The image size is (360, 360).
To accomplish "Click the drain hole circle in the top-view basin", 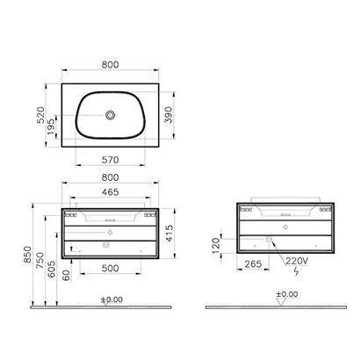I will pyautogui.click(x=111, y=114).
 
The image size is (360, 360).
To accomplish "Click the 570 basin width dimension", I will pyautogui.click(x=111, y=162).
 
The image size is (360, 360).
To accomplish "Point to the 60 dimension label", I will pyautogui.click(x=65, y=277).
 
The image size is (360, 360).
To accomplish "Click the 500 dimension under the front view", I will pyautogui.click(x=111, y=268).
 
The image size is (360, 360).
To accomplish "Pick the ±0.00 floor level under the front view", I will pyautogui.click(x=112, y=299).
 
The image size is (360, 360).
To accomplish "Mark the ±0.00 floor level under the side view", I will pyautogui.click(x=286, y=294).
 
